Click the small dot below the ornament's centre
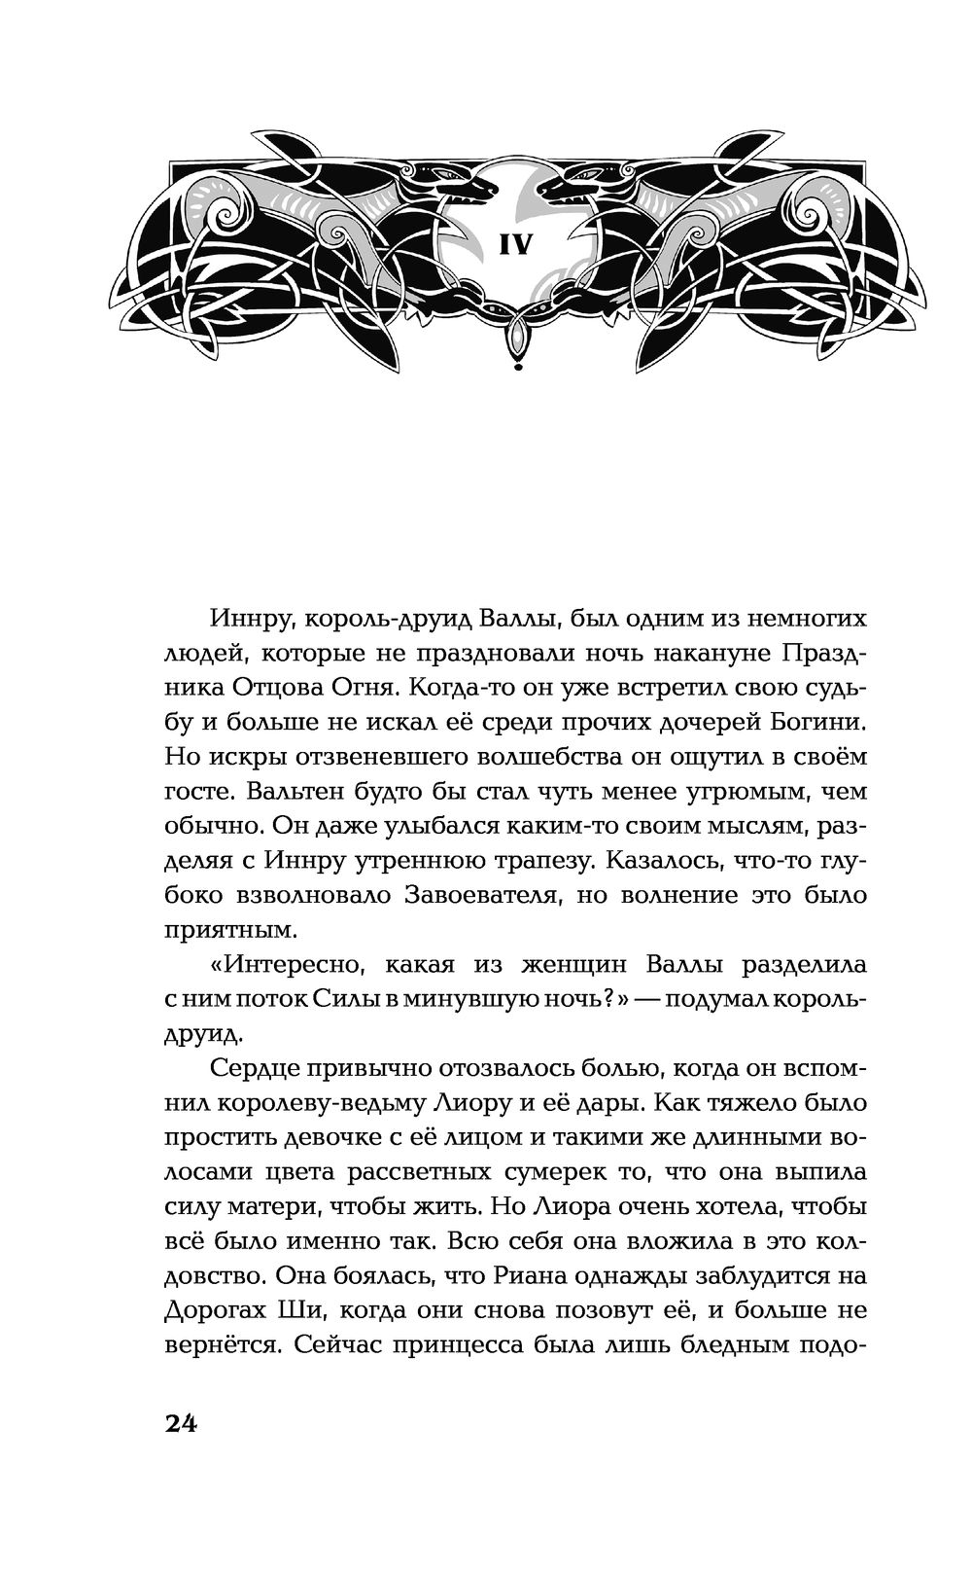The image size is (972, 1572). point(515,368)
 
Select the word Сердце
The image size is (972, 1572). point(251,1069)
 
